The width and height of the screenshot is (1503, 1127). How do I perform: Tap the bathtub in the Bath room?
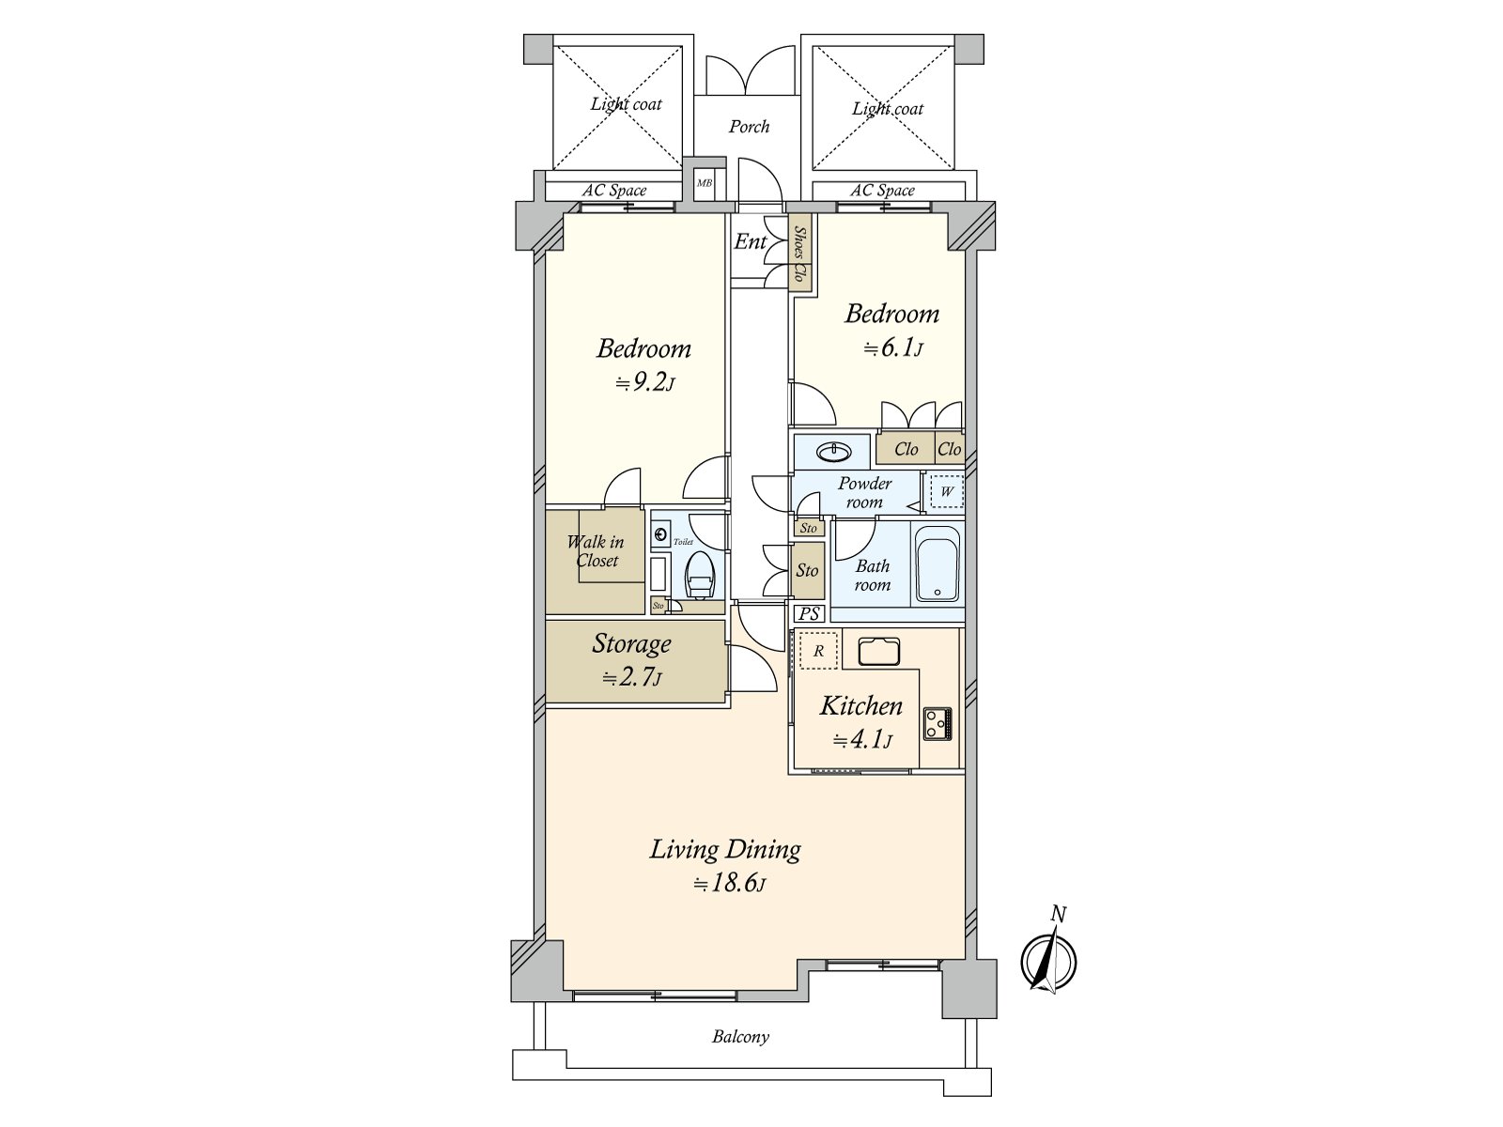click(x=936, y=563)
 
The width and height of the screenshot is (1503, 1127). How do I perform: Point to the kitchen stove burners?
click(x=937, y=723)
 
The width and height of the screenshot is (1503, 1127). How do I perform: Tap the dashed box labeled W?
click(x=947, y=491)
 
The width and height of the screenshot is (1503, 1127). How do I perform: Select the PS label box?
click(x=809, y=614)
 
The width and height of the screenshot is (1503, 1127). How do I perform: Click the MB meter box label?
click(x=704, y=183)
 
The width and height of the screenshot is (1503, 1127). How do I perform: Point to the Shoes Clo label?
click(x=799, y=254)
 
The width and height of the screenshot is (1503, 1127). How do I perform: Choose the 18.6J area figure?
click(x=728, y=884)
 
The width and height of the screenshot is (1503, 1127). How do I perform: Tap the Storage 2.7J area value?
click(x=631, y=678)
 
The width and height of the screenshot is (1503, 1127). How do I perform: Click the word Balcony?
click(x=740, y=1037)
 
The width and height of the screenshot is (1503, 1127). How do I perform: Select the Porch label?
click(x=749, y=127)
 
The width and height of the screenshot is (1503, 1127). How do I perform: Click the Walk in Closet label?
click(x=595, y=551)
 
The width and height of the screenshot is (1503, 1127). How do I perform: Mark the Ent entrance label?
click(x=750, y=241)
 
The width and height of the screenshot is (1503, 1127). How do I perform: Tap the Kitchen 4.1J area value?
click(x=862, y=740)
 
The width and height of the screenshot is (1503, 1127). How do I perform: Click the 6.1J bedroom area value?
click(x=893, y=348)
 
